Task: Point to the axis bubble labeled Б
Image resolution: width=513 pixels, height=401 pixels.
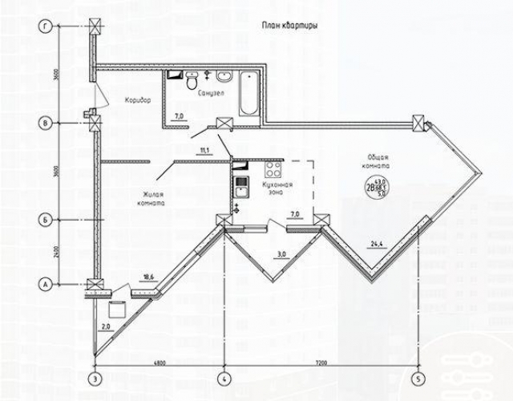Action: pyautogui.click(x=46, y=219)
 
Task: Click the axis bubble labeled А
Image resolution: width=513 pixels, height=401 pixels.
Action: pyautogui.click(x=46, y=284)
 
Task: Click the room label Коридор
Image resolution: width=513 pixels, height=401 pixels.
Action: pyautogui.click(x=138, y=101)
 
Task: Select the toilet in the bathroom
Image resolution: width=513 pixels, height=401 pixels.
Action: pyautogui.click(x=192, y=83)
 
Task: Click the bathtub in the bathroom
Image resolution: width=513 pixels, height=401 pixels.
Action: pyautogui.click(x=244, y=93)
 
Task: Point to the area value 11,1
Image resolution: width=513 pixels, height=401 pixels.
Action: pyautogui.click(x=204, y=151)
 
